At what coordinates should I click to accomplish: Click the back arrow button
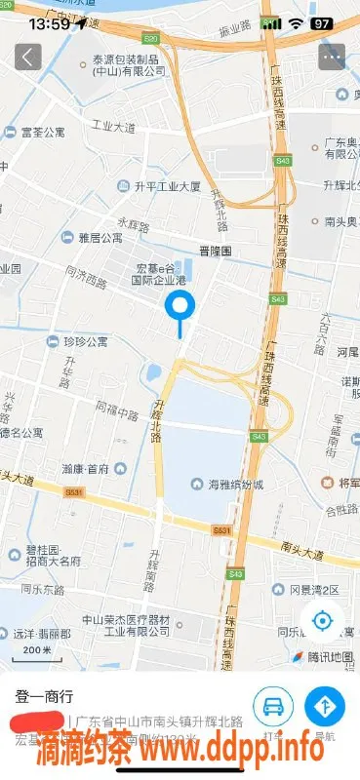point(28,57)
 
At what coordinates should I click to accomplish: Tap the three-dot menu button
point(332,57)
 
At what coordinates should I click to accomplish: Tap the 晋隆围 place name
point(214,251)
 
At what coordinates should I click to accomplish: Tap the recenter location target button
point(323,621)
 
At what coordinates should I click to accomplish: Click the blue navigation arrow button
point(325,705)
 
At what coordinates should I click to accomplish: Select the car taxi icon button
point(273,705)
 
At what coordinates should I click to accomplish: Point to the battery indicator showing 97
point(320,22)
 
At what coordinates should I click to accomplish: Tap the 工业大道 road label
point(113,127)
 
